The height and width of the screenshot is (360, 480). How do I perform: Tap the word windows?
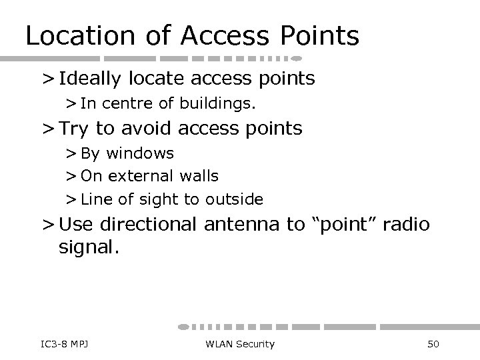coord(140,153)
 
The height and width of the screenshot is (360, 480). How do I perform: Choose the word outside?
coord(234,199)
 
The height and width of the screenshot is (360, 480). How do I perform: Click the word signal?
coord(89,248)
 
